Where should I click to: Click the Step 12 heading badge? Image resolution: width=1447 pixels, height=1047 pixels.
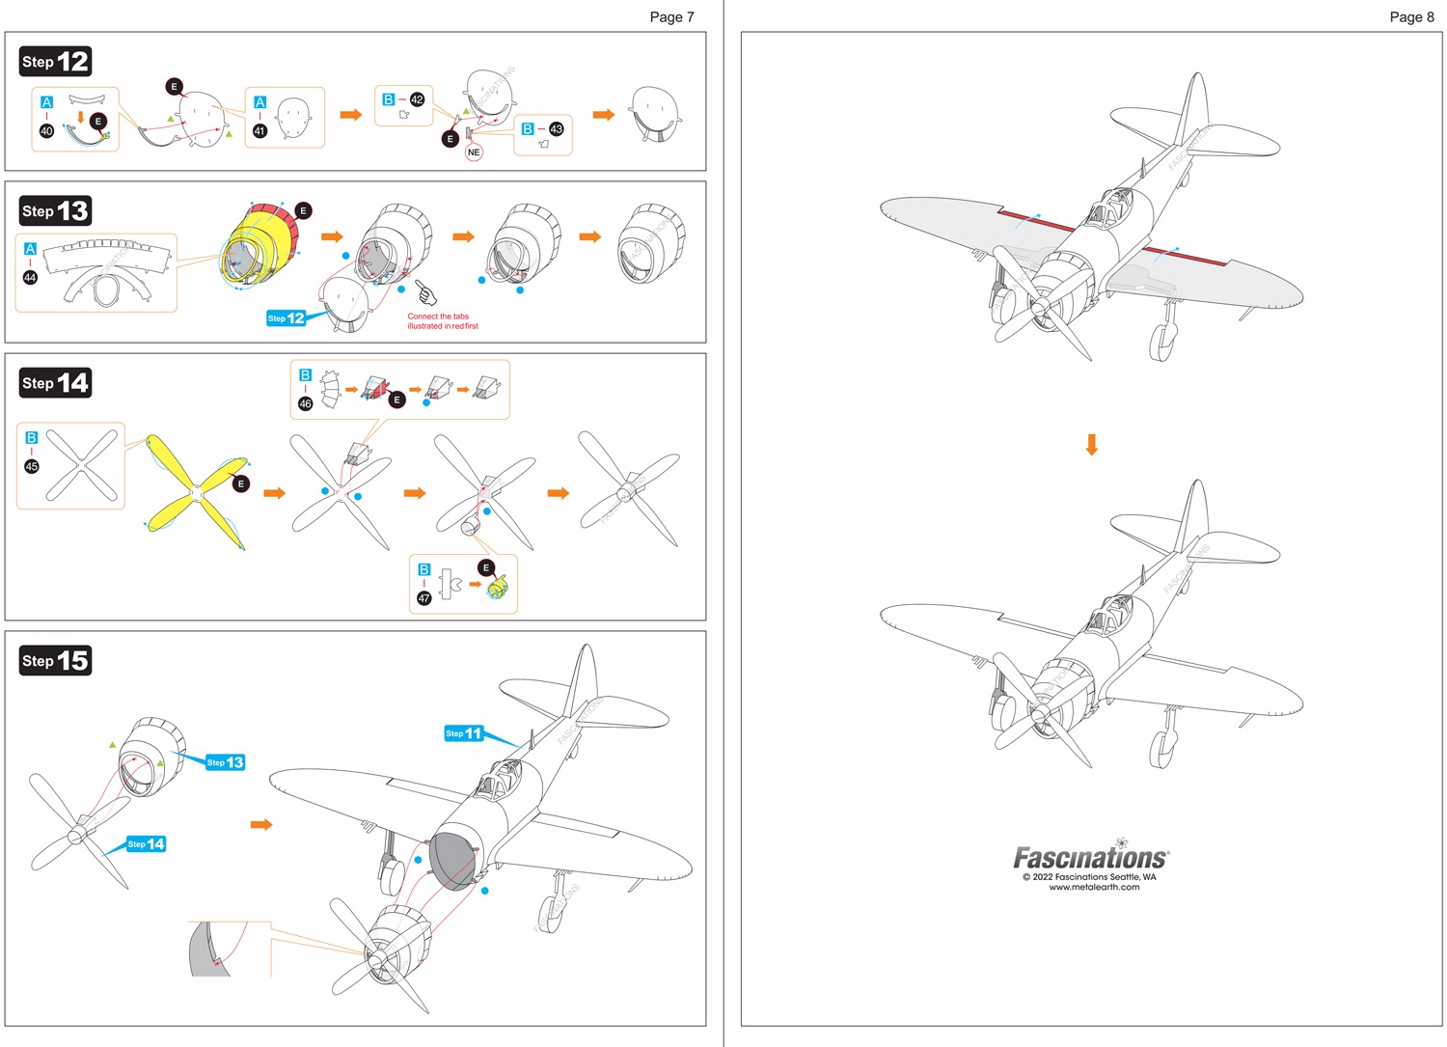tap(55, 62)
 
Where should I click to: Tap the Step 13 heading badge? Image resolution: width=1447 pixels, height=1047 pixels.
tap(55, 211)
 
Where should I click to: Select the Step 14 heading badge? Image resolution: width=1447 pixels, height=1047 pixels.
tap(55, 383)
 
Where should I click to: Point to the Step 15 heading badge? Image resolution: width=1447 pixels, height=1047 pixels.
tap(55, 661)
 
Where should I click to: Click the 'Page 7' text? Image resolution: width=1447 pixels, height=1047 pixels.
tap(671, 16)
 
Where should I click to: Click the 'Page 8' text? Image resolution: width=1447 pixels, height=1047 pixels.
tap(1411, 16)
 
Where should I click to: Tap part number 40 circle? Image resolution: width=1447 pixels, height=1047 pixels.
tap(46, 131)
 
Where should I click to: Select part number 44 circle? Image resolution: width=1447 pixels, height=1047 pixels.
tap(30, 278)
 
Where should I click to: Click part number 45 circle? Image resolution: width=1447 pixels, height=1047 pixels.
tap(32, 466)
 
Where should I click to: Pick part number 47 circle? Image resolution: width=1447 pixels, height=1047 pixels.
tap(423, 598)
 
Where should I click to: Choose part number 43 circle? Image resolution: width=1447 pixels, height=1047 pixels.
tap(556, 128)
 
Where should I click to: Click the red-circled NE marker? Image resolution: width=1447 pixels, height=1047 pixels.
tap(474, 152)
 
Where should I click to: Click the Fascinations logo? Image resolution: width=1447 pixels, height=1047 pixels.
tap(1091, 857)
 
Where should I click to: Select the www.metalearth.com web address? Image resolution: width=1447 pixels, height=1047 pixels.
tap(1094, 887)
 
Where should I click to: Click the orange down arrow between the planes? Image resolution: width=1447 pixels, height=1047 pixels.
tap(1092, 445)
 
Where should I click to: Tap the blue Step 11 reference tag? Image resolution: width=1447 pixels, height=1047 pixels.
tap(464, 733)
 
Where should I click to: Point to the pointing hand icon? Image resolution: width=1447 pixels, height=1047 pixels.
tap(425, 291)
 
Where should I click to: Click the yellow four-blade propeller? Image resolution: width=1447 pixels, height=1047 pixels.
tap(197, 493)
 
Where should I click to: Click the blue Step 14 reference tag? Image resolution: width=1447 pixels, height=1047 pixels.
tap(147, 844)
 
